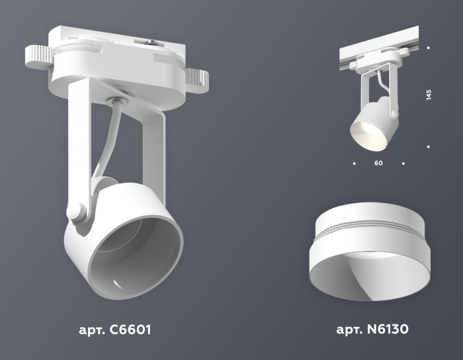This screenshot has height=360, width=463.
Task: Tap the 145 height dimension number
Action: pyautogui.click(x=429, y=95)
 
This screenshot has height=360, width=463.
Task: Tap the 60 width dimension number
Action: pyautogui.click(x=378, y=162)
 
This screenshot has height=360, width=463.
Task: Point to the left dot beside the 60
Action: pyautogui.click(x=355, y=162)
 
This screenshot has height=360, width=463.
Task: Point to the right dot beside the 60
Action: pyautogui.click(x=403, y=162)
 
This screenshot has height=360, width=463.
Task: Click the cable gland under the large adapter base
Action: pyautogui.click(x=116, y=101)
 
